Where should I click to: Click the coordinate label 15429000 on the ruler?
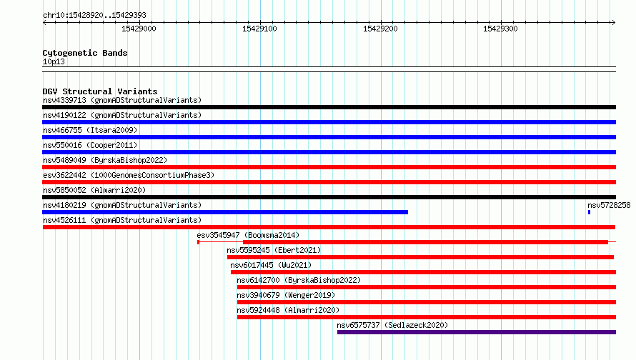click(x=139, y=29)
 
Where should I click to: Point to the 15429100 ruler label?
click(x=259, y=29)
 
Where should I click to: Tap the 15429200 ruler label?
click(x=380, y=29)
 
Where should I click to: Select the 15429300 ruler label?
click(x=500, y=29)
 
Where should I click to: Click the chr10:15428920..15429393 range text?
click(x=94, y=16)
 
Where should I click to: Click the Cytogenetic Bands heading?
click(x=85, y=53)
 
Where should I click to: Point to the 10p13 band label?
click(x=54, y=61)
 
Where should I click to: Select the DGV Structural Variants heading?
click(x=100, y=91)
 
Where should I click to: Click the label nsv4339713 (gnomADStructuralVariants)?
click(x=122, y=100)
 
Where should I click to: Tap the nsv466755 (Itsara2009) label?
click(x=90, y=130)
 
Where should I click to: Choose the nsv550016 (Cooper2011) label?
click(x=90, y=145)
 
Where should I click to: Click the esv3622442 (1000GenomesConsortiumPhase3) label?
click(x=129, y=175)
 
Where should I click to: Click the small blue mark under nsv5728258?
click(x=589, y=212)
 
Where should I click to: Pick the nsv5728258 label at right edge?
click(x=609, y=205)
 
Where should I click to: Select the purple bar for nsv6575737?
click(x=477, y=332)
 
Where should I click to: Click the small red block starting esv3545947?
click(x=199, y=242)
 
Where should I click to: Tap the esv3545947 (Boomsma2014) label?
click(x=248, y=235)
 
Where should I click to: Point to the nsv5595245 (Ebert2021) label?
click(x=274, y=250)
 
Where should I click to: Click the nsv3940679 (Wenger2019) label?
click(x=286, y=295)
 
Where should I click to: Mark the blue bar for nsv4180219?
click(x=225, y=212)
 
